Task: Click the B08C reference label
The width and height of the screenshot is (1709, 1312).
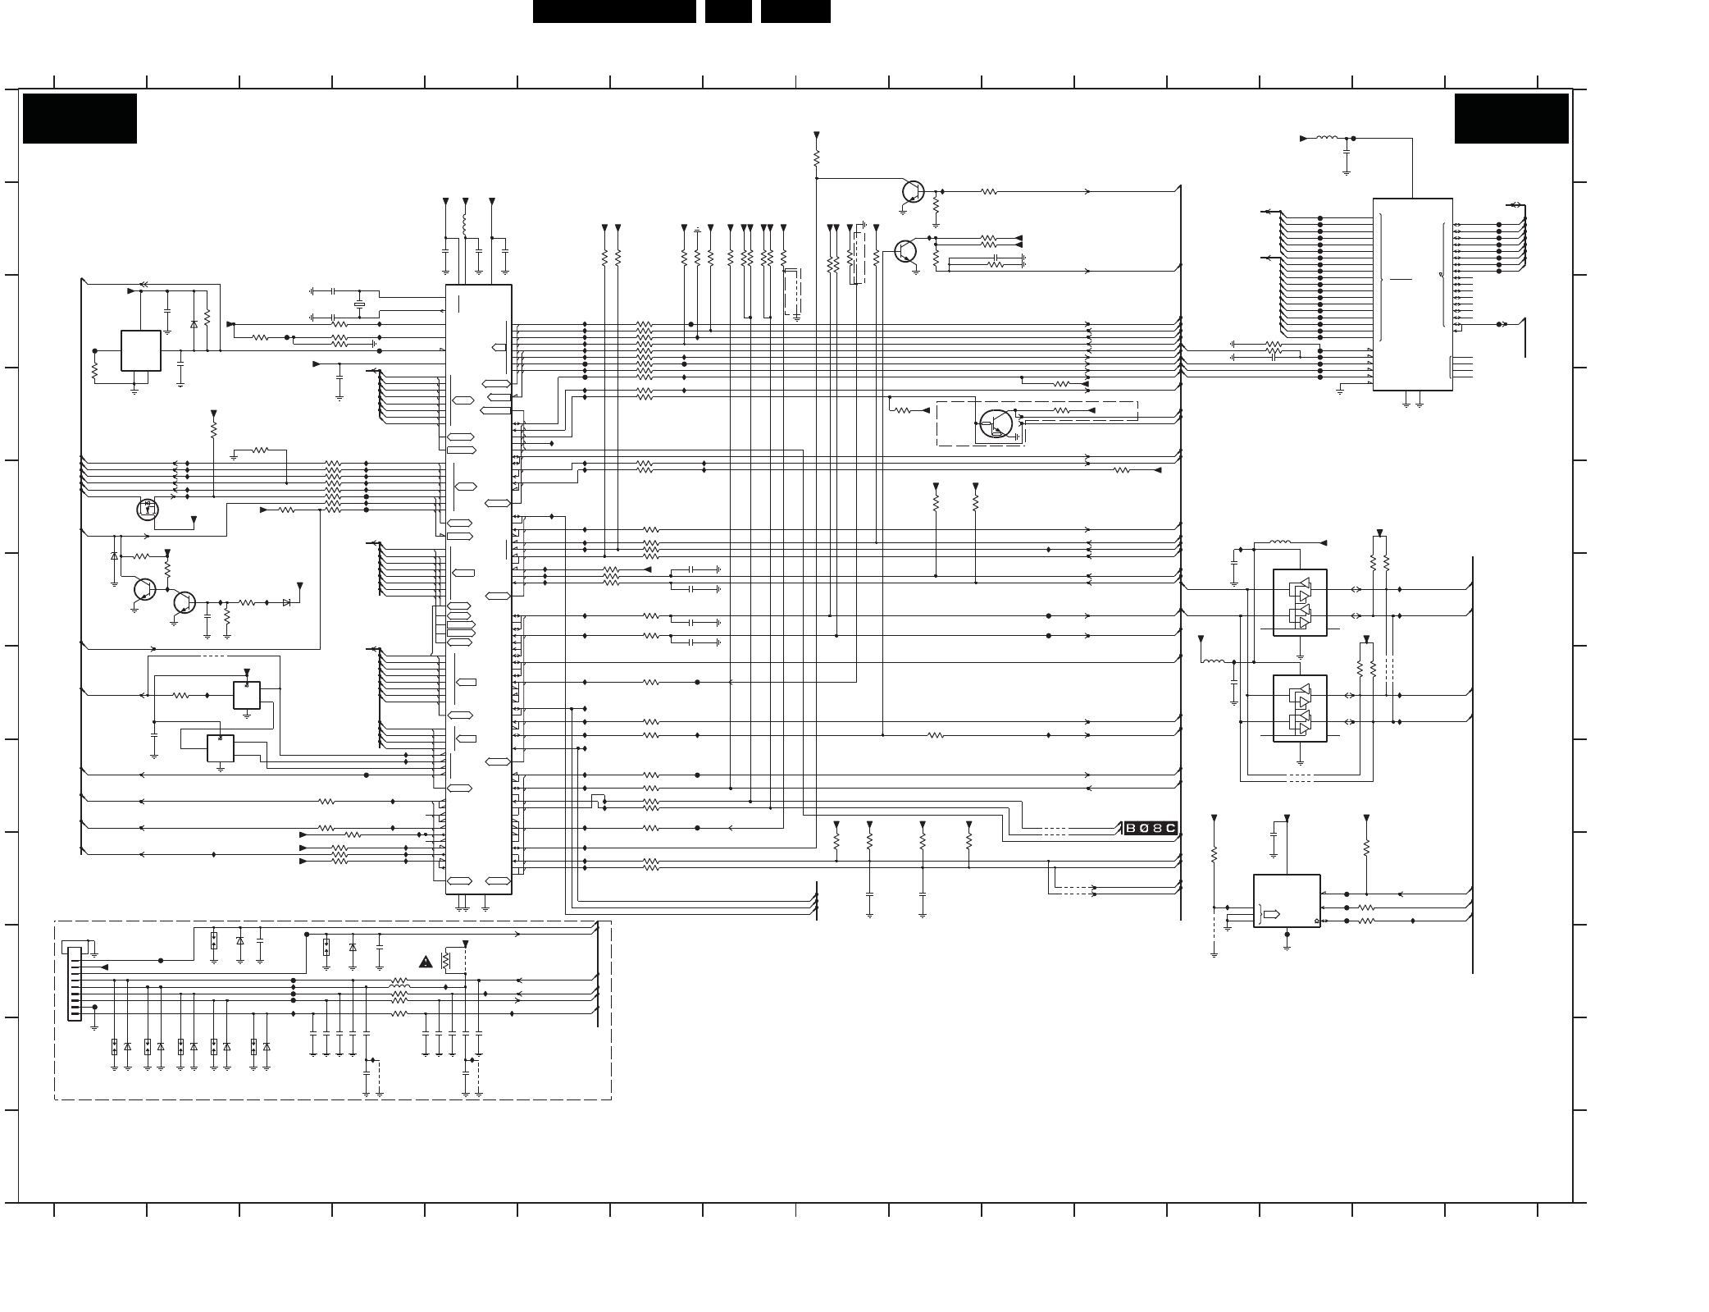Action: click(x=1151, y=828)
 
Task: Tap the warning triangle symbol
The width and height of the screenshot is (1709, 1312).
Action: click(x=426, y=962)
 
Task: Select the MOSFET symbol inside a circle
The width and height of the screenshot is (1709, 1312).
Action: click(x=148, y=510)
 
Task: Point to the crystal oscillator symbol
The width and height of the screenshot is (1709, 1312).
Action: click(x=358, y=305)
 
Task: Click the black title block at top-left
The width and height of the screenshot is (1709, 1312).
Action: click(x=80, y=118)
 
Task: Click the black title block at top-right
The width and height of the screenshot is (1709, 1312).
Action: click(x=1511, y=118)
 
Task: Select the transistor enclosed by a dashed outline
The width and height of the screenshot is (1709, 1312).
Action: click(x=996, y=423)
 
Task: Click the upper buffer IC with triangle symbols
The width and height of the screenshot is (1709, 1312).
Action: click(x=1300, y=602)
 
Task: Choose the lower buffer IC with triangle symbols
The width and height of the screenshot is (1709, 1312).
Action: click(x=1300, y=708)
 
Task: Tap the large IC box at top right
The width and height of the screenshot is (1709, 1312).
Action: click(x=1412, y=294)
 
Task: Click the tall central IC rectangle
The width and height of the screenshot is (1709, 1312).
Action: click(x=478, y=589)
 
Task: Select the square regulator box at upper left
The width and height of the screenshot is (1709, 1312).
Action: click(x=140, y=350)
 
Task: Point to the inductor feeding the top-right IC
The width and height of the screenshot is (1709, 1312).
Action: click(x=1325, y=138)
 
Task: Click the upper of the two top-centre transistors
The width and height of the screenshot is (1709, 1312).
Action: click(x=913, y=191)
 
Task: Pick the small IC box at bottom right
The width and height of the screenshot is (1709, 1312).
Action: click(x=1287, y=901)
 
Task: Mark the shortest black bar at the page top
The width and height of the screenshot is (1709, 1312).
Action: click(x=728, y=11)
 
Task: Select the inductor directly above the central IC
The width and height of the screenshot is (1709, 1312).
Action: click(x=465, y=226)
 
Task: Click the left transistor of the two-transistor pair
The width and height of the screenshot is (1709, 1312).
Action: click(x=144, y=589)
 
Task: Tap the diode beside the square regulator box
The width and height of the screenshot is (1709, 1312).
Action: click(x=194, y=324)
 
